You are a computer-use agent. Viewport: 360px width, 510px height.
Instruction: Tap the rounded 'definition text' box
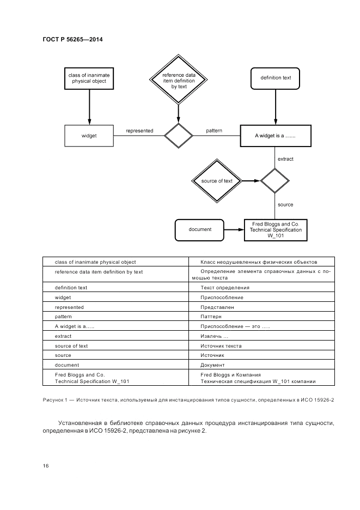[x=276, y=78]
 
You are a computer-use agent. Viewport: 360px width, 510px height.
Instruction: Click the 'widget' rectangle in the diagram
[x=89, y=136]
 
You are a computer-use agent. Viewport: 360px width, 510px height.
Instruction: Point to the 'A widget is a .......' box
[x=276, y=136]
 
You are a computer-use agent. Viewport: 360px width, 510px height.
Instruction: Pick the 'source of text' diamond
[x=216, y=181]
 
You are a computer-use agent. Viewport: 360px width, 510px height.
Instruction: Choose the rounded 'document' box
[x=200, y=229]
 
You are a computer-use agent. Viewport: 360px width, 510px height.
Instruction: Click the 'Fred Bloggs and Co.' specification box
[x=276, y=229]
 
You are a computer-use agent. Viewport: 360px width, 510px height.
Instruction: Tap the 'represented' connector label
[x=139, y=131]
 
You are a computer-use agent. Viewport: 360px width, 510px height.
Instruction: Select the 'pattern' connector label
[x=214, y=131]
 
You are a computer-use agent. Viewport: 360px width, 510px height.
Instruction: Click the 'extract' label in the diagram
[x=285, y=159]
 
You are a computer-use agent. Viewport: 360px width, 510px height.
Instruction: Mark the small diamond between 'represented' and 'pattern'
[x=179, y=136]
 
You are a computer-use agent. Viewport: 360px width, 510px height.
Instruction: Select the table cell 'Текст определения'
[x=225, y=287]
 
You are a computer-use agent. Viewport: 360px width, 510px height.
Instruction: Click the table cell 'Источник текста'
[x=221, y=345]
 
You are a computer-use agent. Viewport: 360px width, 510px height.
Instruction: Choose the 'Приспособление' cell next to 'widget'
[x=222, y=297]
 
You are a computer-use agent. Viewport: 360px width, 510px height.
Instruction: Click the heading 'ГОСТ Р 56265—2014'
[x=72, y=40]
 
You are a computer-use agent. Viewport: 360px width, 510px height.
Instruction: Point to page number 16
[x=46, y=465]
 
